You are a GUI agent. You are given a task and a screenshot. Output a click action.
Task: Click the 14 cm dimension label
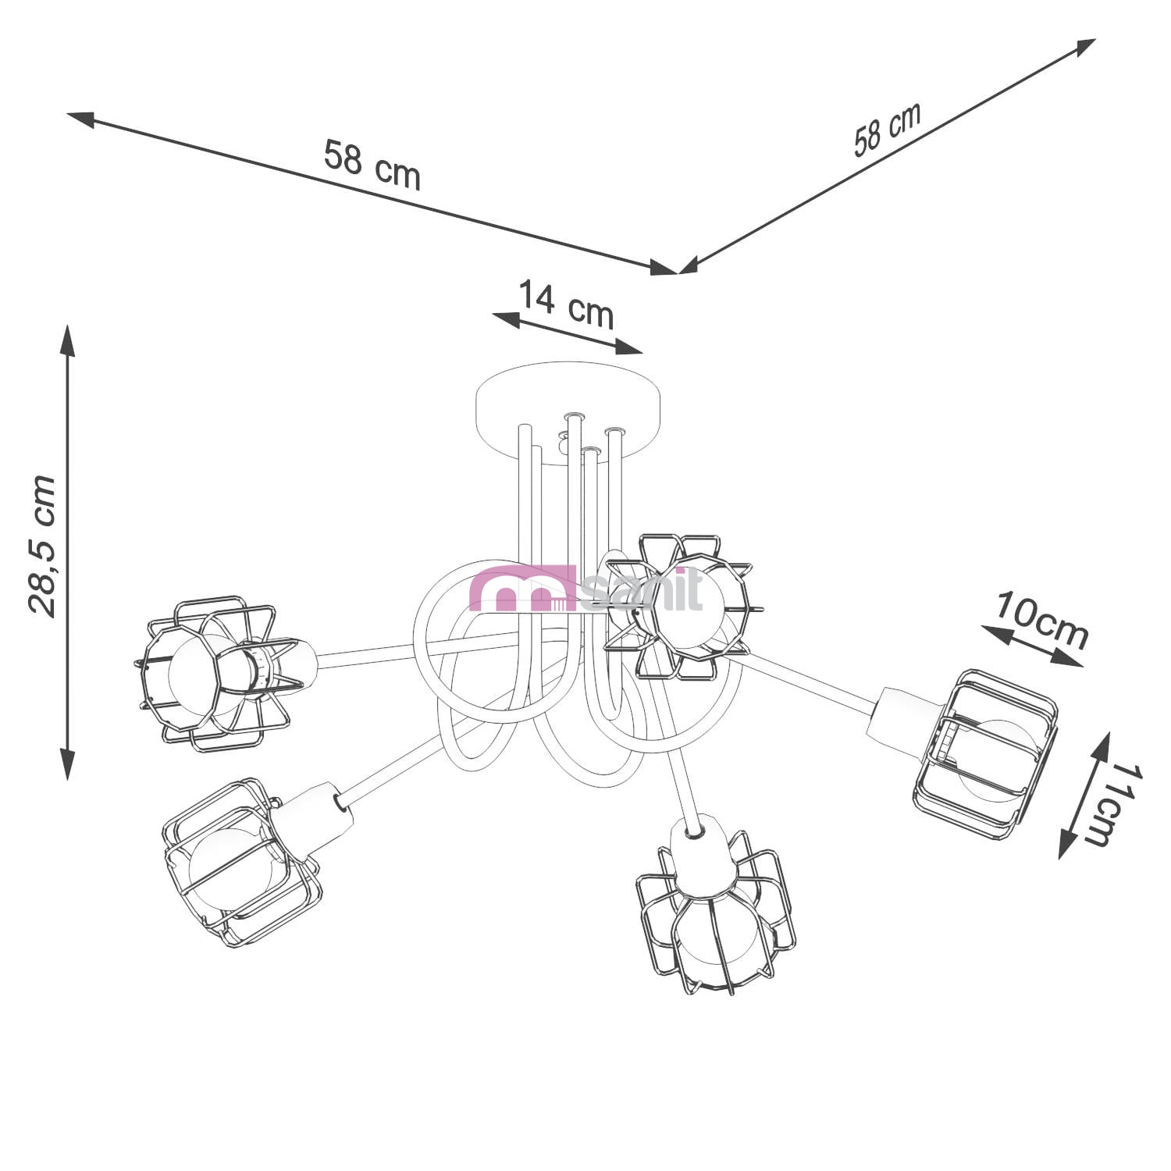click(567, 304)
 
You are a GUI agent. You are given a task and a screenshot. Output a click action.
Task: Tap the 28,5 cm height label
click(41, 546)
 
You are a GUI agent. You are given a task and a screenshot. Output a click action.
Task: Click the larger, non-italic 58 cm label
click(372, 165)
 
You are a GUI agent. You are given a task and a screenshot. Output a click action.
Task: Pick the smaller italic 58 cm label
click(888, 129)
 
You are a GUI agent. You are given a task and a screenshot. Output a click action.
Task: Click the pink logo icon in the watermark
click(524, 589)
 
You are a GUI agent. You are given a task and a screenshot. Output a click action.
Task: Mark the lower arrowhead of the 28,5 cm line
click(68, 763)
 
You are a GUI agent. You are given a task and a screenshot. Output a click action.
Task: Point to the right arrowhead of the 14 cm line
click(628, 346)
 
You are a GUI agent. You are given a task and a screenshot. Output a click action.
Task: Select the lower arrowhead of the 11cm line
click(1066, 843)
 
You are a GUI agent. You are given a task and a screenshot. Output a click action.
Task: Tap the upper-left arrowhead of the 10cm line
click(996, 635)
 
